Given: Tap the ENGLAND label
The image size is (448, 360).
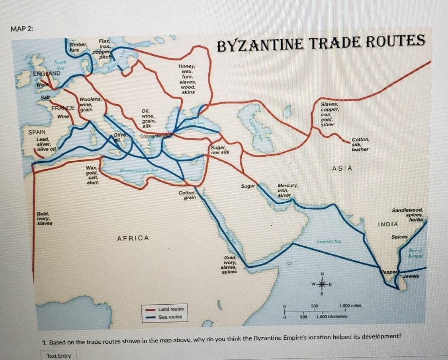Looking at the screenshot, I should [47, 74].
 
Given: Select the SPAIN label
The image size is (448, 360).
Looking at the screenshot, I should [37, 132].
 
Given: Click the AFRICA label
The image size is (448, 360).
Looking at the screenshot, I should [133, 238].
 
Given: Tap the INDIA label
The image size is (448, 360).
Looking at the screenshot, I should [388, 224].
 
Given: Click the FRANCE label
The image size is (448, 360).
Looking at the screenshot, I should [63, 109].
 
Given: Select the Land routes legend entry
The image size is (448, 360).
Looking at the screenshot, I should [171, 309].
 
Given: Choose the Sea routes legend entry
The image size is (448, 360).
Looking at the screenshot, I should [170, 317].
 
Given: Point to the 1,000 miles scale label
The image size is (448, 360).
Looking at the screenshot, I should [350, 305].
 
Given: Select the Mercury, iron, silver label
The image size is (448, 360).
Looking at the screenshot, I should [288, 191].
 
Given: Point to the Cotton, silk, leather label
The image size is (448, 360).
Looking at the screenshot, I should [361, 144].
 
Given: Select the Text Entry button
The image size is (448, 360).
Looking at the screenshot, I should [58, 356].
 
